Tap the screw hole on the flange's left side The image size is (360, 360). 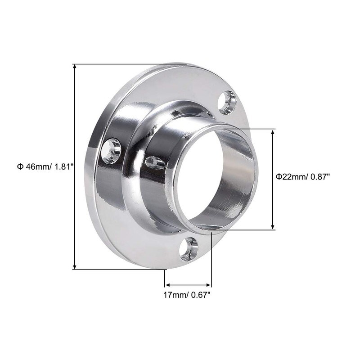pyautogui.click(x=111, y=150)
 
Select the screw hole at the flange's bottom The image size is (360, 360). pyautogui.click(x=189, y=249)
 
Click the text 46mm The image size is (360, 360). pyautogui.click(x=36, y=166)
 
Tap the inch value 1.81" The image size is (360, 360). pyautogui.click(x=63, y=166)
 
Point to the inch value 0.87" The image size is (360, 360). pyautogui.click(x=319, y=176)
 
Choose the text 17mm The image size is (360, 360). pyautogui.click(x=174, y=296)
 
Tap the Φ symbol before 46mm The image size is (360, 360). pyautogui.click(x=20, y=166)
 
